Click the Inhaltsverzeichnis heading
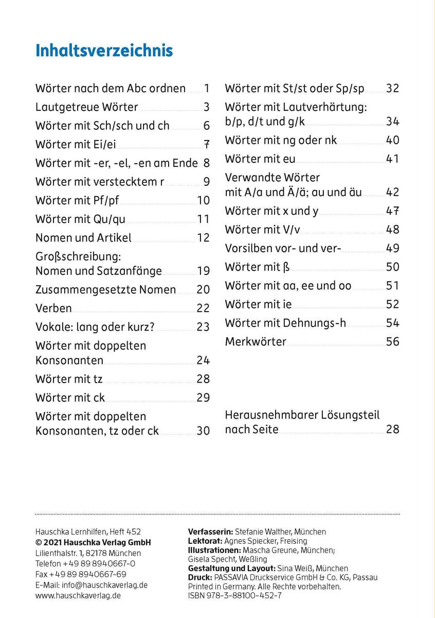[104, 51]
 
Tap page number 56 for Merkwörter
[392, 341]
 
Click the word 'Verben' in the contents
[53, 308]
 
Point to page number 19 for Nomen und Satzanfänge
[203, 271]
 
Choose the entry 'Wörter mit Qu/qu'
[80, 219]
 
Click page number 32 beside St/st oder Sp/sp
[392, 89]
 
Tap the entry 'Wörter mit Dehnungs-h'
[285, 323]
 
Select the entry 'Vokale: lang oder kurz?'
[95, 327]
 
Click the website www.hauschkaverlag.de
[78, 596]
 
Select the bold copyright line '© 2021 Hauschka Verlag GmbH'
[93, 542]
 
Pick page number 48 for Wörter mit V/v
[392, 230]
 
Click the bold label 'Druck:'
[199, 577]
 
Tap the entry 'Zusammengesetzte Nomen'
[105, 289]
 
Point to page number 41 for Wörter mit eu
[392, 159]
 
